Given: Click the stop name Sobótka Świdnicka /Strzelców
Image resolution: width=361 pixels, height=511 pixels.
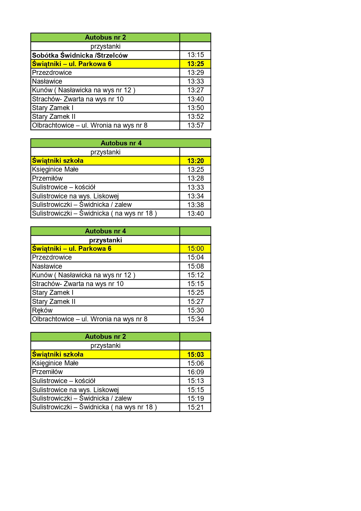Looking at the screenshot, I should pyautogui.click(x=80, y=55).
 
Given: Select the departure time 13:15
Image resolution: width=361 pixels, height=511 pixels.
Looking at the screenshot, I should pyautogui.click(x=195, y=55).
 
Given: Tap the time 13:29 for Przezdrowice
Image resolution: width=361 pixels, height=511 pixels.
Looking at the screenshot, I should pyautogui.click(x=195, y=73).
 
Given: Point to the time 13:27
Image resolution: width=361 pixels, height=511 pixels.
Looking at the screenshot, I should pyautogui.click(x=195, y=90).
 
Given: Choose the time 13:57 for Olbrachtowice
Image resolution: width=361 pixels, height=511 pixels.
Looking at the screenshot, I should pyautogui.click(x=195, y=125).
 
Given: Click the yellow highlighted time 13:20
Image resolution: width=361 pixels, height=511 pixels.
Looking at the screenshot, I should pyautogui.click(x=195, y=161).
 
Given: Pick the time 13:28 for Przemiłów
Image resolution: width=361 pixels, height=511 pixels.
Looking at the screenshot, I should pyautogui.click(x=195, y=178).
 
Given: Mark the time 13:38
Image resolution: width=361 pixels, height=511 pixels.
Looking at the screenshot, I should pyautogui.click(x=195, y=205).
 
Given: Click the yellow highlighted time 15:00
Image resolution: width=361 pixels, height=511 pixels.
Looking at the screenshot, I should pyautogui.click(x=195, y=249).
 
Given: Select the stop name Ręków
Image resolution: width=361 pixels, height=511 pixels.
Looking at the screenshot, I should pyautogui.click(x=42, y=310).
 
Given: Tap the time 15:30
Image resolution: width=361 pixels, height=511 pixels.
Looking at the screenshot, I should pyautogui.click(x=195, y=310).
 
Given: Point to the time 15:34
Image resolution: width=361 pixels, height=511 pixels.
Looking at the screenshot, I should pyautogui.click(x=195, y=319).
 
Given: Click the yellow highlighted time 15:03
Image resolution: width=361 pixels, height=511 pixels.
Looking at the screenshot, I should pyautogui.click(x=195, y=355).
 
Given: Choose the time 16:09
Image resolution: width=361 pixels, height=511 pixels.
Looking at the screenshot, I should pyautogui.click(x=195, y=372).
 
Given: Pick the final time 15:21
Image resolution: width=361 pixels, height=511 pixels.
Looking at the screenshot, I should pyautogui.click(x=195, y=407).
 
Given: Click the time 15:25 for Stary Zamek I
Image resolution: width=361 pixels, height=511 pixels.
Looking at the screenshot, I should pyautogui.click(x=195, y=292).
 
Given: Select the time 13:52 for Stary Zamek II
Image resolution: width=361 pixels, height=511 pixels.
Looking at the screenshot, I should pyautogui.click(x=195, y=117).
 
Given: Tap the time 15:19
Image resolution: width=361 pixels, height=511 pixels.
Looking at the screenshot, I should pyautogui.click(x=195, y=399).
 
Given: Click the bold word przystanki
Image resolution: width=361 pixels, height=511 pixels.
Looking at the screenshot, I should pyautogui.click(x=105, y=240).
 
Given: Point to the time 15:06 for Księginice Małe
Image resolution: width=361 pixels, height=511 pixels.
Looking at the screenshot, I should pyautogui.click(x=195, y=363).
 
